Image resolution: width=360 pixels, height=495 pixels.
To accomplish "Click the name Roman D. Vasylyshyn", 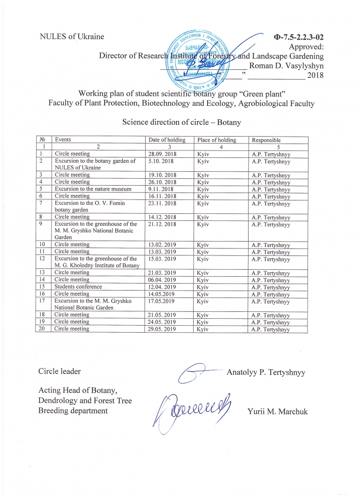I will point(286,65).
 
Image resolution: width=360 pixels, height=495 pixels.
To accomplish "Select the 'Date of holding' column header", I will point(167,140).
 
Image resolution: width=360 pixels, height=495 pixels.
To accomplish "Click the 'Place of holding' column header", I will point(216,140).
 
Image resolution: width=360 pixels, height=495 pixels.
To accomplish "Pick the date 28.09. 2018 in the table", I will point(163,154).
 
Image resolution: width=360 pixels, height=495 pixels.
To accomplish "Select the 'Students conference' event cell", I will point(78,287).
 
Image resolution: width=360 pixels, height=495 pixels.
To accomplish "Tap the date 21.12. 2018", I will point(163,224).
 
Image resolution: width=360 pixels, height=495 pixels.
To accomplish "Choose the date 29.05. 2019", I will point(162,329).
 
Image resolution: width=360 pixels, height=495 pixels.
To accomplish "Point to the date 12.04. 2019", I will point(162,287).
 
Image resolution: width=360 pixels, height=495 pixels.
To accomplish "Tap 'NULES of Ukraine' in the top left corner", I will point(72,37).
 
